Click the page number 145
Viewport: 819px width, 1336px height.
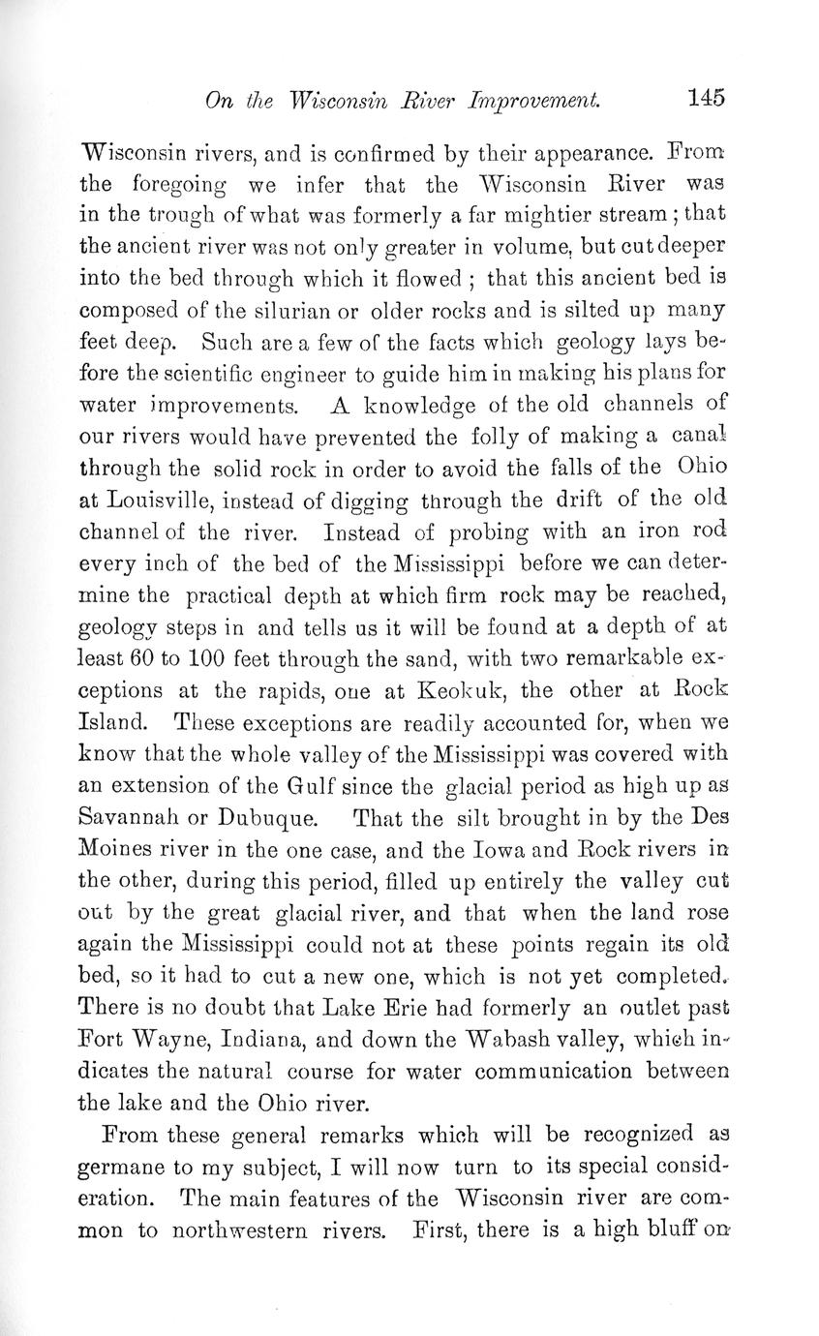point(707,97)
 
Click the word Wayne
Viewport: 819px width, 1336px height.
point(182,1040)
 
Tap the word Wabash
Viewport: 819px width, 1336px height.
point(545,1040)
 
